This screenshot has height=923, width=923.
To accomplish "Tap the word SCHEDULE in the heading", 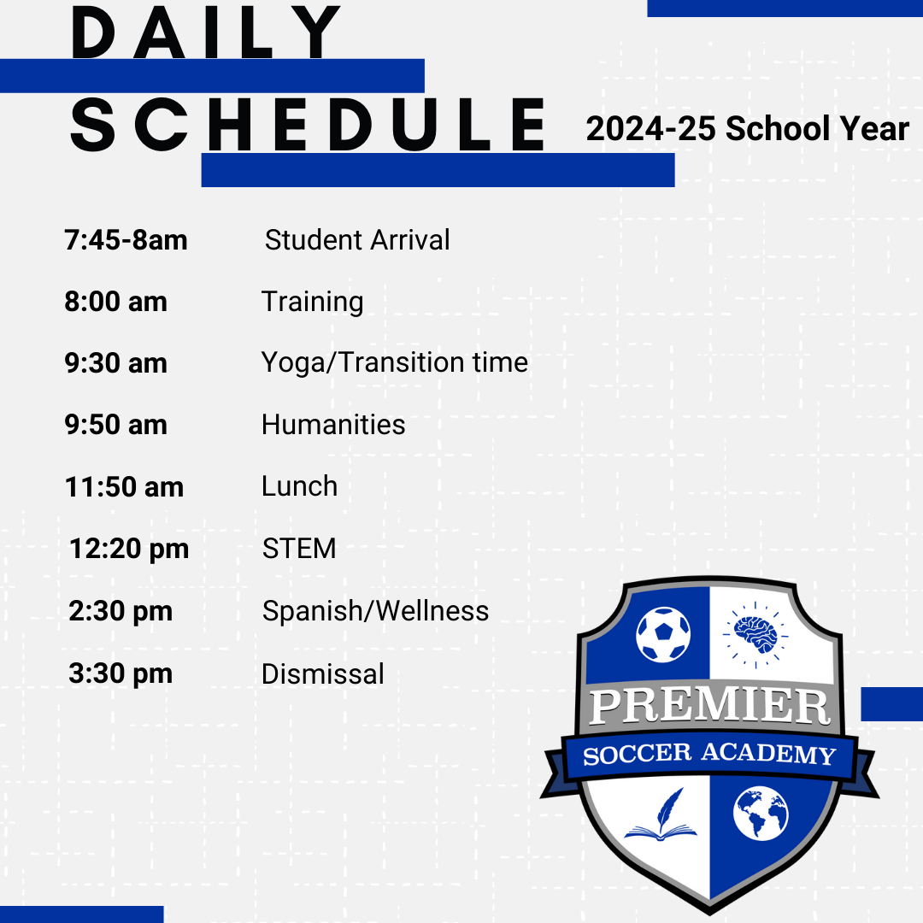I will (308, 126).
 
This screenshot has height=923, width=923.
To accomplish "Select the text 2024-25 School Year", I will (747, 129).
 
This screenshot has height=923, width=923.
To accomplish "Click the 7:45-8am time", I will (126, 240).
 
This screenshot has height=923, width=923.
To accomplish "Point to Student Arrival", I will (357, 240).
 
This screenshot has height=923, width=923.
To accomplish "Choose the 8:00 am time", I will (115, 302).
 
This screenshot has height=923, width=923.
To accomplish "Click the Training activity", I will (312, 303).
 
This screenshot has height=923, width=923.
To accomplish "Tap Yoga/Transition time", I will (394, 363).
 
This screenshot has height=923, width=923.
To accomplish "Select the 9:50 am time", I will (115, 425).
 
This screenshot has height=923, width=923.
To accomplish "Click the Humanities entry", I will (333, 425).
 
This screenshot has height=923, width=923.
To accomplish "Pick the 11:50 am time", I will (124, 487).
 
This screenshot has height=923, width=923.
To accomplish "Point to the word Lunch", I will (299, 486).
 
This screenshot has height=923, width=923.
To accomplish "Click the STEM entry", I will (299, 549).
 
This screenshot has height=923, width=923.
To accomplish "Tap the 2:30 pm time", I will (121, 611).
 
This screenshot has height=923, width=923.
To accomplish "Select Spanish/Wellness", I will (375, 611).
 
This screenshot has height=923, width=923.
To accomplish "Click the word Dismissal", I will (322, 673).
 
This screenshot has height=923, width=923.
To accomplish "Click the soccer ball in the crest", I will (663, 633).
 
